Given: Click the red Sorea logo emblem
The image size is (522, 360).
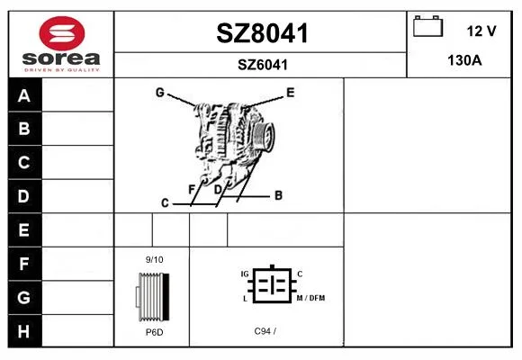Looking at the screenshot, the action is pyautogui.click(x=62, y=33).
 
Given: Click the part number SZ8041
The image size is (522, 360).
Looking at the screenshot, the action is pyautogui.click(x=262, y=33).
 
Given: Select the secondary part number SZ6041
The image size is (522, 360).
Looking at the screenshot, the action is pyautogui.click(x=262, y=65).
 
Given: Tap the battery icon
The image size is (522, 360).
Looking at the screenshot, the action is pyautogui.click(x=427, y=26).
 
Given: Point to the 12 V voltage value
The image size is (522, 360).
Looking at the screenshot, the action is pyautogui.click(x=481, y=31).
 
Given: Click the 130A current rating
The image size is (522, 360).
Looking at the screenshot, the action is pyautogui.click(x=464, y=60).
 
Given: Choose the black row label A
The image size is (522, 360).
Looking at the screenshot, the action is pyautogui.click(x=24, y=95).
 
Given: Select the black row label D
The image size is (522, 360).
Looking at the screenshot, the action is pyautogui.click(x=24, y=196).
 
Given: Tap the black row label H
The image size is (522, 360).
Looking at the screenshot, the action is pyautogui.click(x=24, y=331).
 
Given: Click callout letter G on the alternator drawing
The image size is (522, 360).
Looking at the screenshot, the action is pyautogui.click(x=160, y=92).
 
